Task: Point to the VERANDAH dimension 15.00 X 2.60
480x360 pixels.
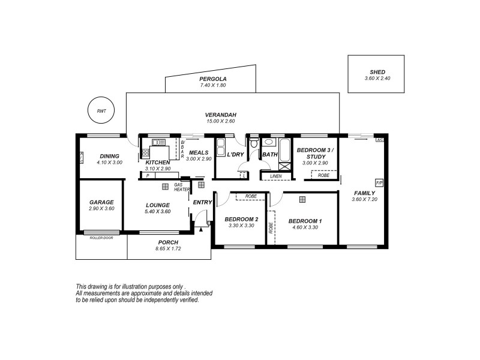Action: (221, 121)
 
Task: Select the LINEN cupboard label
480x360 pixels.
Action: (275, 176)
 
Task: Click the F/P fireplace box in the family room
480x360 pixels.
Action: (379, 182)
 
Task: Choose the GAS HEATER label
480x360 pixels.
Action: (182, 187)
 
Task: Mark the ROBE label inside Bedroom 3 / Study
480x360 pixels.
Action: (323, 175)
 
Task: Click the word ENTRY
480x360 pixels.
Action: (202, 202)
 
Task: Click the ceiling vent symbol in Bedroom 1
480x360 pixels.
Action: (304, 199)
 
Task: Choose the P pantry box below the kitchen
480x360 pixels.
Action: (148, 176)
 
